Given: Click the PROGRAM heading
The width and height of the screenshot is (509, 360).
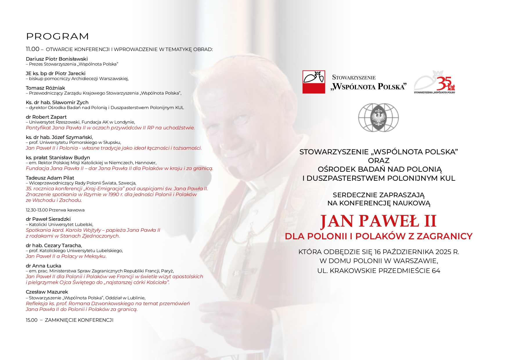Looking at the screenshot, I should tap(57, 37).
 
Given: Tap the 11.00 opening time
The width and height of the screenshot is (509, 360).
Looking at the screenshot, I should tap(33, 49).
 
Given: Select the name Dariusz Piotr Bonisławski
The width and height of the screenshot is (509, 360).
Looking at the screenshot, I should tap(57, 59).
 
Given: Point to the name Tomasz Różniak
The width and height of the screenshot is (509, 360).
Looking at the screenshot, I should tap(45, 88).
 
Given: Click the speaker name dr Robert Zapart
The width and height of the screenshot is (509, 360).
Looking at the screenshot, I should tap(46, 117).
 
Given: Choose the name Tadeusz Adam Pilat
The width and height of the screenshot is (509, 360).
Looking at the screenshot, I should tap(50, 178).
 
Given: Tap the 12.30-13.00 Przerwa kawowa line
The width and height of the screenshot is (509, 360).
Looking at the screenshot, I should tap(55, 210).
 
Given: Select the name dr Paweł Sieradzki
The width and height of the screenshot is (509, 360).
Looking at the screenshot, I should tap(48, 219).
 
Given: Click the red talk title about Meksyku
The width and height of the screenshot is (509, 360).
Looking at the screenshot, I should tap(66, 256).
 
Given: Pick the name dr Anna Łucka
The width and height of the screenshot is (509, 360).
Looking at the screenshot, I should tap(44, 266).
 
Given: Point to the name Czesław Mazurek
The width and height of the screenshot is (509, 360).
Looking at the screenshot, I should tap(47, 292).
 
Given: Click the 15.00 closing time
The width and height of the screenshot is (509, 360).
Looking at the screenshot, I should tap(32, 320).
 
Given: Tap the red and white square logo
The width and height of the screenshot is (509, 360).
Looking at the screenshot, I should tap(313, 82).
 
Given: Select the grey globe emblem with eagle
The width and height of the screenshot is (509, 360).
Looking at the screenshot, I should tap(378, 117).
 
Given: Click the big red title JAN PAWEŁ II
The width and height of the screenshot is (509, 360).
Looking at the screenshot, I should tap(378, 221).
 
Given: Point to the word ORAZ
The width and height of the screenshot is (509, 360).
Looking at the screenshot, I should tap(378, 161).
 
